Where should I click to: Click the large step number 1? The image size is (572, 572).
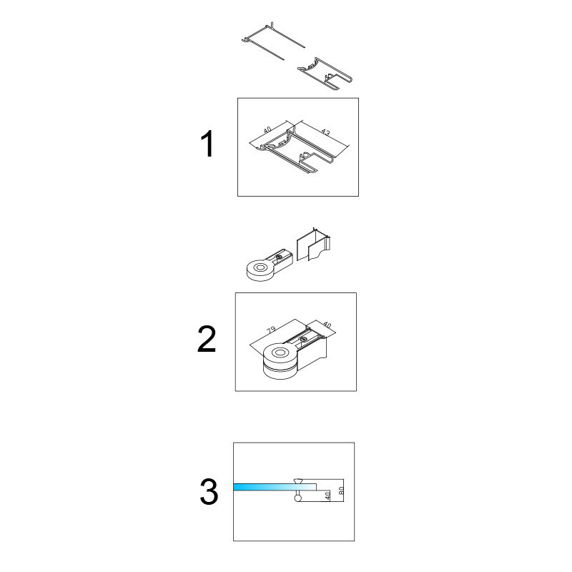[x=208, y=144]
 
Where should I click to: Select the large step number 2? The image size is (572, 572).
[x=207, y=339]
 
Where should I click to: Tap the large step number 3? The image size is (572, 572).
[x=209, y=491]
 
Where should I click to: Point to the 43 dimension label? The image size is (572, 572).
[x=325, y=132]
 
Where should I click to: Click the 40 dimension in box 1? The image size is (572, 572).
[x=267, y=129]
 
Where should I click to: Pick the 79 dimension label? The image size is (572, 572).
[x=271, y=330]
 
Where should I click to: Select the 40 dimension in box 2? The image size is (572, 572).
[x=327, y=325]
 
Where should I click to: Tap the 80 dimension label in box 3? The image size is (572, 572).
[x=342, y=490]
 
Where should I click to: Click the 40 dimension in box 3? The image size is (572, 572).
[x=327, y=495]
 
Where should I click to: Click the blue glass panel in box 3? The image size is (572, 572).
[x=275, y=487]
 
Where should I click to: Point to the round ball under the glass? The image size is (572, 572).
[x=298, y=498]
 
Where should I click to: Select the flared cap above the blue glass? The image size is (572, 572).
[x=298, y=480]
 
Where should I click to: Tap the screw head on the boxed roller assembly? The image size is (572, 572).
[x=302, y=339]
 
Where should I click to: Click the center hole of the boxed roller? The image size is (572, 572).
[x=280, y=352]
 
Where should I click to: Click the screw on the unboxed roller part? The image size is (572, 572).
[x=279, y=257]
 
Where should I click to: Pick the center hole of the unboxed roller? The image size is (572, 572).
[x=260, y=267]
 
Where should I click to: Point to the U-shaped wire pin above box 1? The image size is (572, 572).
[x=273, y=41]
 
